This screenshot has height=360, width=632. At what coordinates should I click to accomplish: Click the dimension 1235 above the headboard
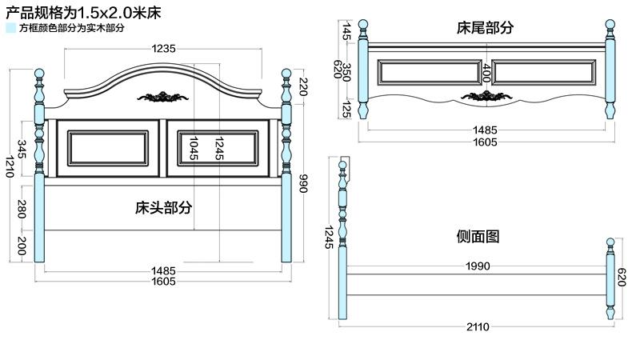[x=163, y=49]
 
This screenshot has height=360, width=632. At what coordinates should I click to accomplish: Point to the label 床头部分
[x=163, y=207]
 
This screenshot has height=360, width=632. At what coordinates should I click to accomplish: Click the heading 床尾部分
[x=485, y=28]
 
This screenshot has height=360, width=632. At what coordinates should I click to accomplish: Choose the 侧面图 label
[x=478, y=237]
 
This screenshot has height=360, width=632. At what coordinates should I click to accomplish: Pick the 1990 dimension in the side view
[x=478, y=266]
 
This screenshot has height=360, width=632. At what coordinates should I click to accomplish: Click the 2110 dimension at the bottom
[x=478, y=326]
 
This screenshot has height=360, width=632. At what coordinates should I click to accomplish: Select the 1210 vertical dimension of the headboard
[x=10, y=167]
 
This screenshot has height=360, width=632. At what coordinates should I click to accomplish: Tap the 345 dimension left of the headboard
[x=22, y=149]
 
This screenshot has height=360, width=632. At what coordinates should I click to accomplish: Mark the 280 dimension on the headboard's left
[x=22, y=210]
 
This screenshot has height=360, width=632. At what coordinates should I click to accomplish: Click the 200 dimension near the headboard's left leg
[x=22, y=246]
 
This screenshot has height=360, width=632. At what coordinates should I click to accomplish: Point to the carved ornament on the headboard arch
[x=163, y=98]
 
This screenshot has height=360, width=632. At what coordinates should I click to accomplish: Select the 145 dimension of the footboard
[x=347, y=31]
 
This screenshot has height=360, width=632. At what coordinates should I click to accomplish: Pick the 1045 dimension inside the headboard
[x=193, y=148]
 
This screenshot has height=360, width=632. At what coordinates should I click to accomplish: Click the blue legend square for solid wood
[x=10, y=28]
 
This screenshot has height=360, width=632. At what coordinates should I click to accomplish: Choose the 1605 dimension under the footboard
[x=485, y=142]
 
